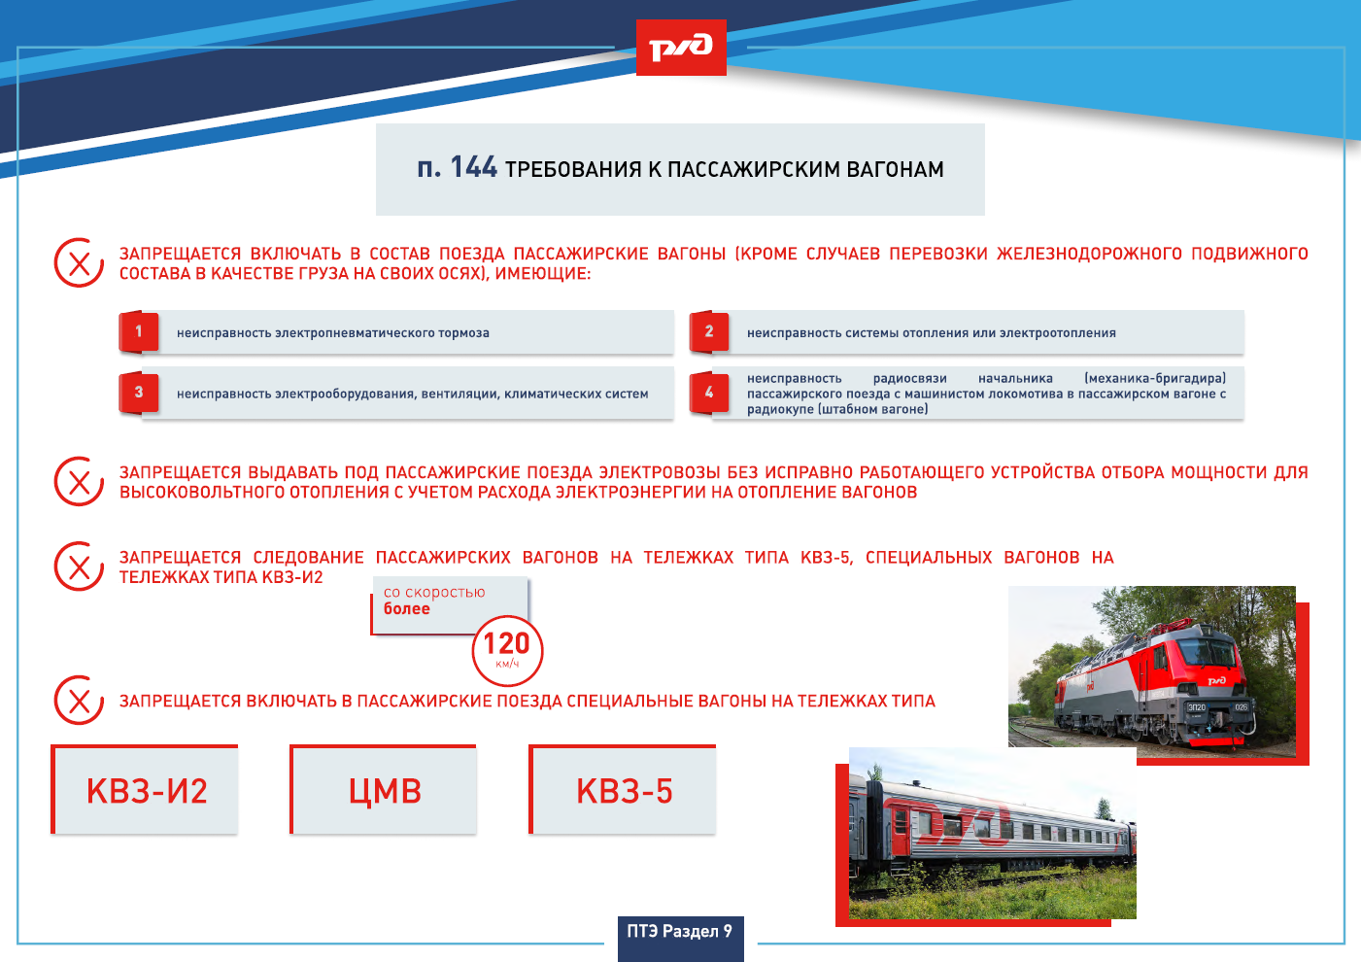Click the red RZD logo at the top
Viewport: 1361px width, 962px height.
coord(681,48)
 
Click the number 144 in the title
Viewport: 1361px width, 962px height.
coord(473,167)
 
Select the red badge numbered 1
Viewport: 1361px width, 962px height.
coord(139,331)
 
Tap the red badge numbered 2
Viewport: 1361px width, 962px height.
coord(708,331)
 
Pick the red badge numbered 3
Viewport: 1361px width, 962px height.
coord(139,393)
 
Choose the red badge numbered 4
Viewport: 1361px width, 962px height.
coord(708,393)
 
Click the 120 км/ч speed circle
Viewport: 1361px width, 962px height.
coord(507,651)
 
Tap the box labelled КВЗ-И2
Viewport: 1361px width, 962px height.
coord(145,789)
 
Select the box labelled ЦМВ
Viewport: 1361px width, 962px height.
coord(384,789)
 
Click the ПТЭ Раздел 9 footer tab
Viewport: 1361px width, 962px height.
coord(680,939)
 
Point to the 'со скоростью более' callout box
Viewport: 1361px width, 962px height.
coord(450,605)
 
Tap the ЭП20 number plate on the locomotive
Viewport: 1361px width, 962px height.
coord(1196,707)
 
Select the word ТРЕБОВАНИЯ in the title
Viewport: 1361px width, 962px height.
coord(573,169)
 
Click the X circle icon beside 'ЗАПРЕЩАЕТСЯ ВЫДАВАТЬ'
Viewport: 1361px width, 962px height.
coord(79,481)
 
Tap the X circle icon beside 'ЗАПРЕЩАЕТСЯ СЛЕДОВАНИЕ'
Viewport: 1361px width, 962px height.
coord(79,567)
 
